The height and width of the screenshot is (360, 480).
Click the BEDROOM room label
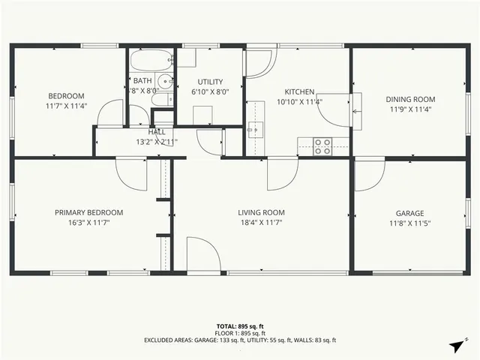[66, 95]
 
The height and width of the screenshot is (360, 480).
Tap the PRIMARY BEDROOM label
[88, 212]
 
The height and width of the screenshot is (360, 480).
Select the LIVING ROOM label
[261, 212]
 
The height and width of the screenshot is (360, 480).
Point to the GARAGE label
[410, 213]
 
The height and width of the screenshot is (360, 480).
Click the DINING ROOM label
[410, 99]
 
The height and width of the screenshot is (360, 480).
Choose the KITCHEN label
[298, 92]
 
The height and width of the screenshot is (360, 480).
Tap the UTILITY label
[210, 81]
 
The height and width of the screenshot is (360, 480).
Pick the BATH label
[142, 81]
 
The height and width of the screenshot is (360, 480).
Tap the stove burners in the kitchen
[322, 145]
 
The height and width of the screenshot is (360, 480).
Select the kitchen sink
[256, 130]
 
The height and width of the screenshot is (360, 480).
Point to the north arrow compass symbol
[456, 345]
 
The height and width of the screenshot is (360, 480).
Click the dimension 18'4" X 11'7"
[261, 223]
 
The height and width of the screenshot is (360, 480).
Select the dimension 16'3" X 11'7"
[88, 223]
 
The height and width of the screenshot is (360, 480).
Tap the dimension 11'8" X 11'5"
[410, 223]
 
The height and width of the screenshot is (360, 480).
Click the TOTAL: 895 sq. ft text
[240, 326]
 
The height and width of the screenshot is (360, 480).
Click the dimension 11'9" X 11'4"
[410, 109]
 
